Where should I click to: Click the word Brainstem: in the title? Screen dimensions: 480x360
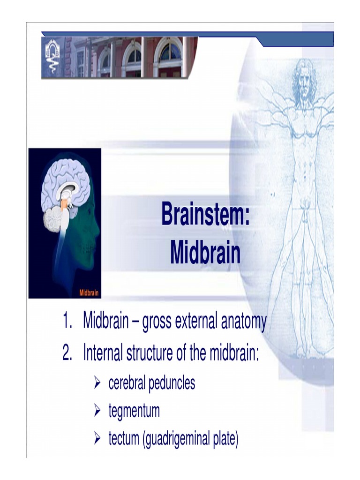point(205,215)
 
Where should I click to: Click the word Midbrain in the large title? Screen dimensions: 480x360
point(205,253)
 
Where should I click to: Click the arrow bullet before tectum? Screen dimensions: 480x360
point(97,440)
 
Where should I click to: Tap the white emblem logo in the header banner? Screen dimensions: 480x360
point(52,58)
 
